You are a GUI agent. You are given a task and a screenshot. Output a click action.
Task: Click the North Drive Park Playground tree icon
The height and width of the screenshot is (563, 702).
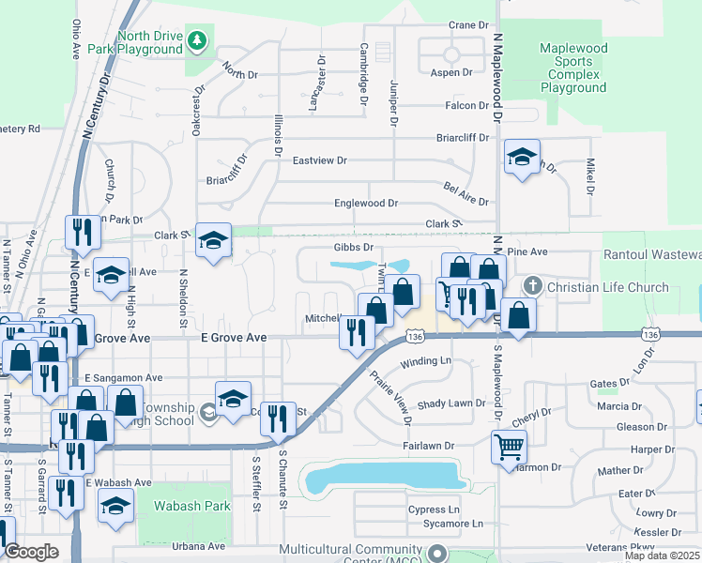click(x=196, y=40)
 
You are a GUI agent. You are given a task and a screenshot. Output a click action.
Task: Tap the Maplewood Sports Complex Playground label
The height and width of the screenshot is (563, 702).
click(x=573, y=68)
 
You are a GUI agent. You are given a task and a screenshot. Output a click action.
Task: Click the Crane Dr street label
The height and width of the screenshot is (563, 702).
click(x=470, y=25)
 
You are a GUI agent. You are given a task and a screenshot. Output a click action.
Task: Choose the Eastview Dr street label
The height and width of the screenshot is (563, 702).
click(x=320, y=160)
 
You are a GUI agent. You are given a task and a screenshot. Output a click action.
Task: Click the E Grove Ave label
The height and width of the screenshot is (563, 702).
click(x=234, y=337)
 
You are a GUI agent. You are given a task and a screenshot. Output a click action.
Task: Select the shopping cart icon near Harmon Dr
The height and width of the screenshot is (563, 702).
click(x=508, y=446)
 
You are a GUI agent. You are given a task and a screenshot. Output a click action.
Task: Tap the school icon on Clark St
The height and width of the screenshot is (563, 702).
click(x=213, y=241)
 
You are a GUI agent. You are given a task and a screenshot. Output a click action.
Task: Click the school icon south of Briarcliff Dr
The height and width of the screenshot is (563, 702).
click(x=521, y=156)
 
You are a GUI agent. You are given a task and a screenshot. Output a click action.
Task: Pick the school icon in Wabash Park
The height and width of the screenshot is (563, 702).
click(x=116, y=506)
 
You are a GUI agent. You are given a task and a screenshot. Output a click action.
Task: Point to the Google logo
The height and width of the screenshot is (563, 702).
click(x=31, y=552)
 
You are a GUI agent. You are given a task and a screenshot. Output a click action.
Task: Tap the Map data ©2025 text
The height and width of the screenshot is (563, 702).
click(x=662, y=555)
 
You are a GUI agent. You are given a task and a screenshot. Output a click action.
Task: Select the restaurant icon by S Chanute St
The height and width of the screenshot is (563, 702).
click(x=276, y=418)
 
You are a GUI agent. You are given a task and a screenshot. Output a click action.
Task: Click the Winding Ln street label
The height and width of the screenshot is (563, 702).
click(x=426, y=361)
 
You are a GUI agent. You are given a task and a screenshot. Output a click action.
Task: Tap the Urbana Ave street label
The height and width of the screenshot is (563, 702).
click(x=204, y=546)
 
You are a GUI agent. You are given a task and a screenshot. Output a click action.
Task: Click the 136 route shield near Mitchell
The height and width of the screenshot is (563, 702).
click(x=414, y=335)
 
